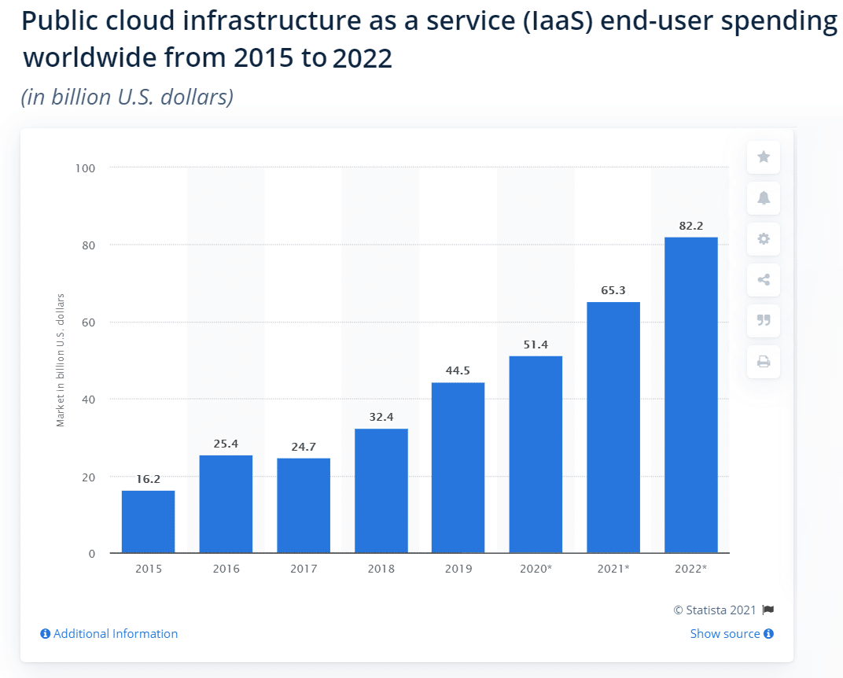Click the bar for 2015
pos(148,521)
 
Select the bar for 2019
pos(458,467)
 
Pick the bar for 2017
pos(303,505)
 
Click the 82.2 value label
pos(690,227)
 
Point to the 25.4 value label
pos(226,444)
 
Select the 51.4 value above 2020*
pos(536,345)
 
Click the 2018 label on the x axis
pos(381,568)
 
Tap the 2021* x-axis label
pos(613,568)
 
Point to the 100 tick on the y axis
pos(85,168)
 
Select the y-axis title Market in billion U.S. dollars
pos(61,360)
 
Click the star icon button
pos(763,157)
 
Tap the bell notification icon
pos(763,198)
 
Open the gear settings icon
pos(763,239)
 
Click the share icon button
pos(763,280)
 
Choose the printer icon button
pos(763,362)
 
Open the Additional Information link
pos(109,634)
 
